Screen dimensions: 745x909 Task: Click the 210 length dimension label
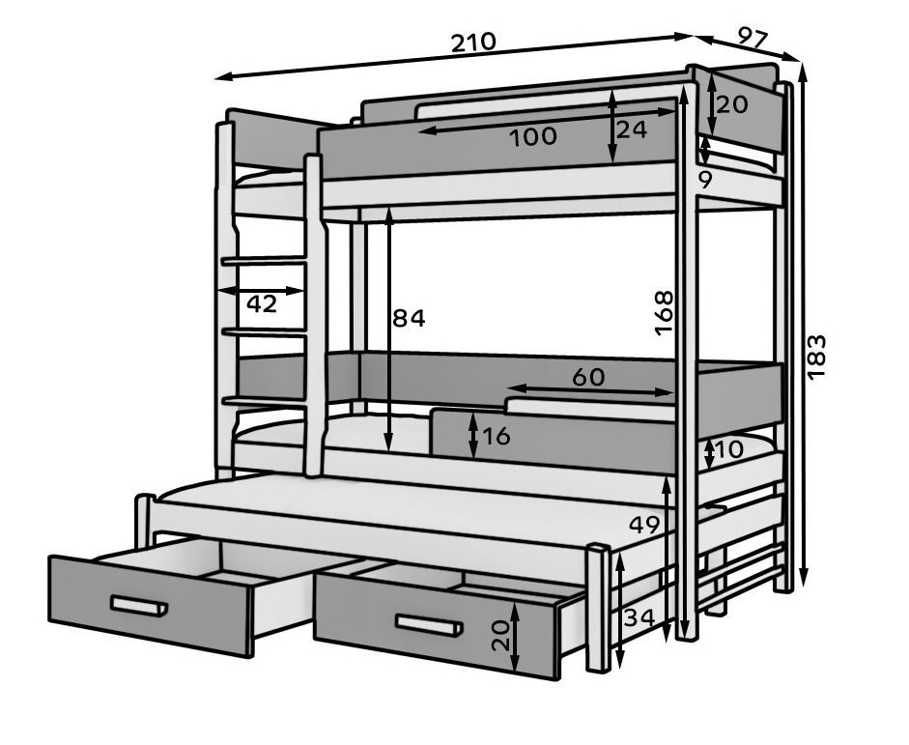[472, 42]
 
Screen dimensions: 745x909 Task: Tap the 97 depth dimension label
[753, 38]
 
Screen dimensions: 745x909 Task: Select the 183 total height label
[816, 356]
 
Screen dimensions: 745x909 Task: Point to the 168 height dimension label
[664, 312]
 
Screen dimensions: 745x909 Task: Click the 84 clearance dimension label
[409, 318]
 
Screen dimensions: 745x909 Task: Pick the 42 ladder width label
[262, 303]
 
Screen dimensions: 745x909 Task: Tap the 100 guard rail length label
[533, 136]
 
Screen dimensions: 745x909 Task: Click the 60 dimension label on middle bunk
[587, 377]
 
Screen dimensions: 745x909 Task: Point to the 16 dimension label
[496, 436]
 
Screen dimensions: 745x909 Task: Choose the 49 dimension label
[644, 525]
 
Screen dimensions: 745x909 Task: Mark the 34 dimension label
[639, 616]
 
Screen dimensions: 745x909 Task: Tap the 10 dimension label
[729, 449]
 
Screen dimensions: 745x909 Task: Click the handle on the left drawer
[138, 606]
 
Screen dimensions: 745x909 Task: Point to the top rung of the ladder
[264, 259]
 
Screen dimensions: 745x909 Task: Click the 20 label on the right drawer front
[500, 635]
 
